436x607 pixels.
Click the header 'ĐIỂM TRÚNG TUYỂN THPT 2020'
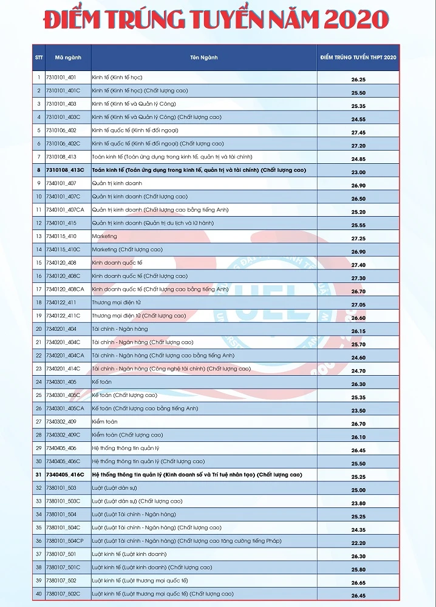358,58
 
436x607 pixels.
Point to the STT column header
38,58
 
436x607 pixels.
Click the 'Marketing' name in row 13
104,236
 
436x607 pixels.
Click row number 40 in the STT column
38,594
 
